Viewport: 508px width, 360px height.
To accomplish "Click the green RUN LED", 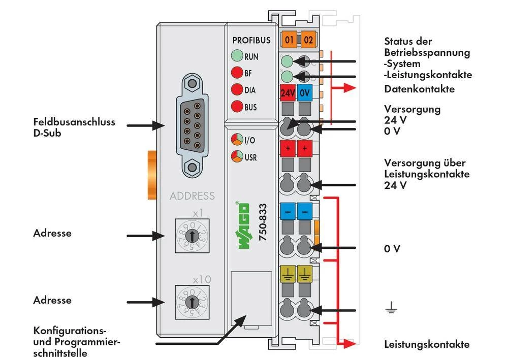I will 237,56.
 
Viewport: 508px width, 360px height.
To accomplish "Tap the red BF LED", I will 237,73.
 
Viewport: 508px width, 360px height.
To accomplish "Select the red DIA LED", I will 237,90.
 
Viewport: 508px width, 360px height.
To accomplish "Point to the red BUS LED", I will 237,107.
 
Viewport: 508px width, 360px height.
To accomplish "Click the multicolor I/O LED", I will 237,140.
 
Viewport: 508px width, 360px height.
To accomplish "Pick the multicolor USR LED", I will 237,156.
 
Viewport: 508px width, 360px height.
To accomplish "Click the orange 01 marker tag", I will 290,39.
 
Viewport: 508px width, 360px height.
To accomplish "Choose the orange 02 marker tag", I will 308,39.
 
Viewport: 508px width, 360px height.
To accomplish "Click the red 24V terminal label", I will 288,93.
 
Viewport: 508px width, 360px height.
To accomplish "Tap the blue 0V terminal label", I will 304,93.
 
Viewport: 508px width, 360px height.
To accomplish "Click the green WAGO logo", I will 243,225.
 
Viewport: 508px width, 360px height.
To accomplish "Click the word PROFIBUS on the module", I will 251,40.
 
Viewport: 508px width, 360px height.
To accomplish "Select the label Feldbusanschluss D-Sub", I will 74,127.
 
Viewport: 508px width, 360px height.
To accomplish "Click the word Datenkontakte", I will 419,89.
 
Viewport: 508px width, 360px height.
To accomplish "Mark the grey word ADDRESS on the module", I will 192,196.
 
